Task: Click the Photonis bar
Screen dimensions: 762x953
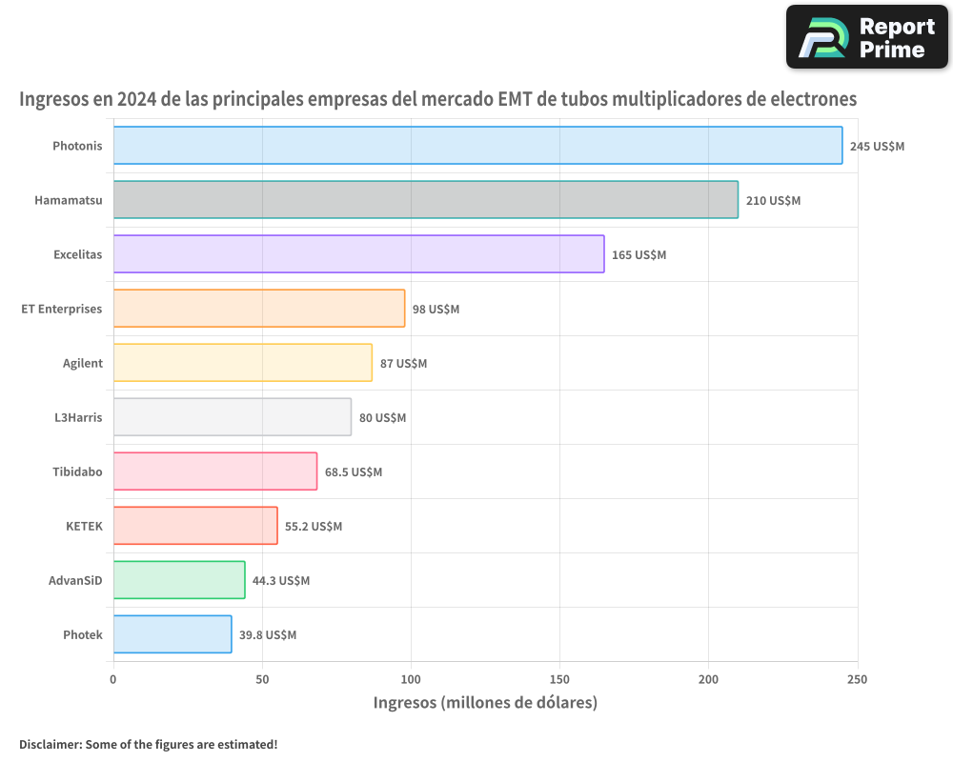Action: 477,146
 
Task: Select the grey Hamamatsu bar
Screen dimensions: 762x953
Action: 425,200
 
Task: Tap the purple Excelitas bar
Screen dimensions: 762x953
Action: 358,254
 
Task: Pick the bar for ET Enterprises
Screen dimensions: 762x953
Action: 259,309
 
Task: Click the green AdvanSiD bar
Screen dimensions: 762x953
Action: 179,580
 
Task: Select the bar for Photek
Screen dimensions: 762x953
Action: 172,634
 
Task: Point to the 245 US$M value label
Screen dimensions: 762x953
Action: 877,147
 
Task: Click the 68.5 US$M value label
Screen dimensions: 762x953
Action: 354,472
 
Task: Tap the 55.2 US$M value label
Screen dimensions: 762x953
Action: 314,527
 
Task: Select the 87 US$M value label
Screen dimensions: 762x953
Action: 403,364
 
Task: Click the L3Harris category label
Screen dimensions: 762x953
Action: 78,417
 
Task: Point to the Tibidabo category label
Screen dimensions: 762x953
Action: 77,471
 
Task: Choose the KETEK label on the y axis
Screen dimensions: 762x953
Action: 84,526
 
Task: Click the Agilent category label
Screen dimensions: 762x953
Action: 82,363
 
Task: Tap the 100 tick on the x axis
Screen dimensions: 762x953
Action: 411,679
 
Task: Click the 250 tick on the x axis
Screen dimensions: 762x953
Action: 858,679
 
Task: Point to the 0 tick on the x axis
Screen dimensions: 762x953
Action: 113,679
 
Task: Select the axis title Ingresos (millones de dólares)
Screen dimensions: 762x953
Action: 485,703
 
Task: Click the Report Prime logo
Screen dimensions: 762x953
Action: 867,37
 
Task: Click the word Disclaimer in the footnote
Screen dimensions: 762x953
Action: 49,744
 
